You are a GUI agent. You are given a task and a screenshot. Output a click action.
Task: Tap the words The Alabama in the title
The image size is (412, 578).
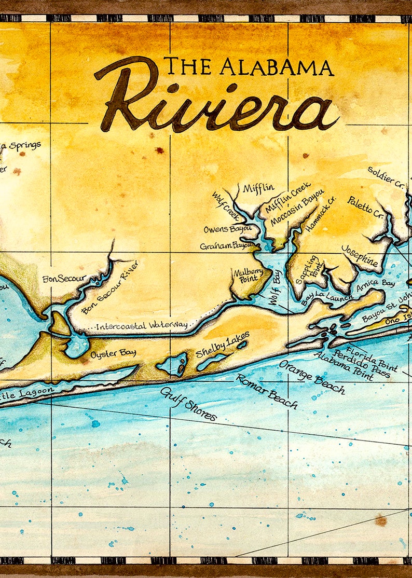pyautogui.click(x=249, y=67)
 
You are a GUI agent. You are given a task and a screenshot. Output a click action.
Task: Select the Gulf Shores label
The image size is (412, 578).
pyautogui.click(x=188, y=404)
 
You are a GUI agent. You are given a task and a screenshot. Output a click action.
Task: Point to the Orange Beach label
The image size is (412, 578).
pyautogui.click(x=311, y=377)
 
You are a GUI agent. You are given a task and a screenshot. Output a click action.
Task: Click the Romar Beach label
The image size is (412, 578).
pyautogui.click(x=267, y=391)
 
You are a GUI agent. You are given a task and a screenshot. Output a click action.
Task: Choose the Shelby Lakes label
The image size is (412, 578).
pyautogui.click(x=222, y=345)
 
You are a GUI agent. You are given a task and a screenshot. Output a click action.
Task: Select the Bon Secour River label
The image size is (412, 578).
pyautogui.click(x=110, y=295)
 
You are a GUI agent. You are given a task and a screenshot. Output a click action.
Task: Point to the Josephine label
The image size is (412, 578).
pyautogui.click(x=360, y=256)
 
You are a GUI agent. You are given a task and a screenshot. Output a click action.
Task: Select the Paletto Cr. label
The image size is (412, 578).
pyautogui.click(x=365, y=207)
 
